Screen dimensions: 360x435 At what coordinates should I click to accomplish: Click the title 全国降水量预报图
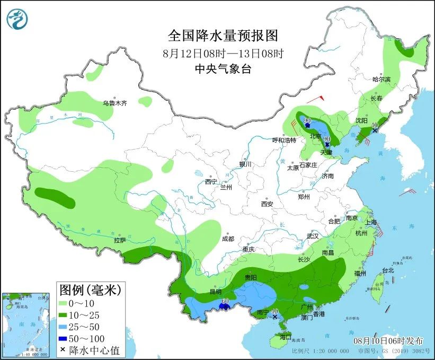coord(223,36)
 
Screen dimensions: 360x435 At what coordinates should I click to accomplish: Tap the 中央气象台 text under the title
coord(223,68)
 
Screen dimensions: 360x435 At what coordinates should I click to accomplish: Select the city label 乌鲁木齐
coord(115,103)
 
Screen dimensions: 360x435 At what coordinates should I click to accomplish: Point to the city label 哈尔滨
coord(381,79)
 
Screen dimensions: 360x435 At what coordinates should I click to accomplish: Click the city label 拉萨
coord(119,240)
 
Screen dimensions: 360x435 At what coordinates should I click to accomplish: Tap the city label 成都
coord(228,239)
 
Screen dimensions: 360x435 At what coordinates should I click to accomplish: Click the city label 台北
coord(388,270)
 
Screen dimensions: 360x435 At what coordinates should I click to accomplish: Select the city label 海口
coord(286,337)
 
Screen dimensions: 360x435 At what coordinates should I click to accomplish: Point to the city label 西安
coord(267,204)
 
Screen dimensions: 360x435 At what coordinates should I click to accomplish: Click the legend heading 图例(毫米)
coord(91,290)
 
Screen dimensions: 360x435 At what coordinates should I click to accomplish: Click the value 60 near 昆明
coord(225,302)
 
